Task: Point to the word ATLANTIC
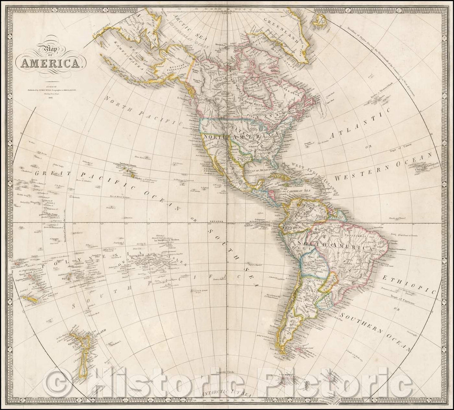[360, 122]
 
